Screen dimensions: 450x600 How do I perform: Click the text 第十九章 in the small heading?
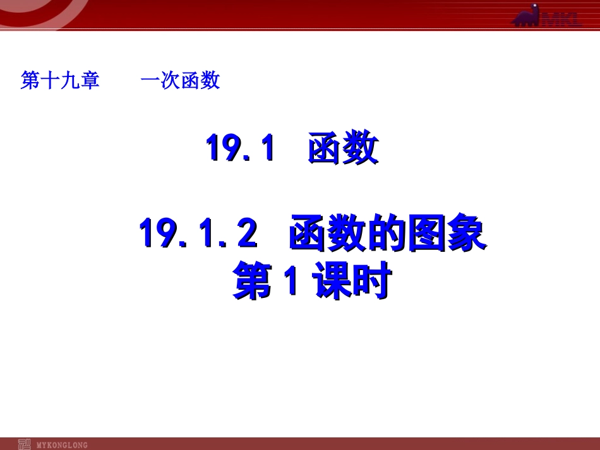pyautogui.click(x=60, y=81)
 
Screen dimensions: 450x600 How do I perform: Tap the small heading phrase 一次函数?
pyautogui.click(x=180, y=81)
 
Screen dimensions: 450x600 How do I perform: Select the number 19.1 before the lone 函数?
pyautogui.click(x=241, y=149)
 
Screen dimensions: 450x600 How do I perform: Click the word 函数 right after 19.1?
pyautogui.click(x=342, y=149)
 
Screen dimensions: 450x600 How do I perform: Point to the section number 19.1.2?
pyautogui.click(x=198, y=234)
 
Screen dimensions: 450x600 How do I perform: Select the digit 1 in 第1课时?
pyautogui.click(x=290, y=283)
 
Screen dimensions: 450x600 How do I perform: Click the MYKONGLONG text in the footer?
pyautogui.click(x=63, y=444)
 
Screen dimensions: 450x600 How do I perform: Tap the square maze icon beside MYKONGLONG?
pyautogui.click(x=25, y=444)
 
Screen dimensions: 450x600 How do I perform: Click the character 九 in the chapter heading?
pyautogui.click(x=70, y=81)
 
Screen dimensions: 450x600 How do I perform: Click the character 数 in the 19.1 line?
pyautogui.click(x=361, y=149)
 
